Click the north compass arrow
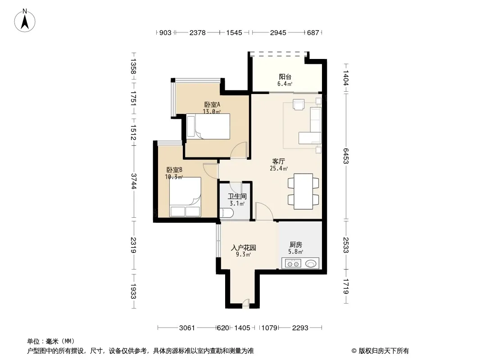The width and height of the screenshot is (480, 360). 25,22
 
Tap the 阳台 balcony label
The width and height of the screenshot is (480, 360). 285,76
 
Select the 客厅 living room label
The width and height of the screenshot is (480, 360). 279,161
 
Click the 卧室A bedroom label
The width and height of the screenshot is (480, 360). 212,104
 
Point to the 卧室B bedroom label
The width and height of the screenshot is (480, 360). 175,170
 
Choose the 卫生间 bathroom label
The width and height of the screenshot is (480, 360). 237,196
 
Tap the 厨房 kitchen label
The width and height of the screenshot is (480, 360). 296,245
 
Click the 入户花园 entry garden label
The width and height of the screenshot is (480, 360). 243,247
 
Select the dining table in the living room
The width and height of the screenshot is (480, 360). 303,191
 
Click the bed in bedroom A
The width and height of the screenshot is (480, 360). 208,126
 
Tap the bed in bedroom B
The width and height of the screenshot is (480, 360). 185,197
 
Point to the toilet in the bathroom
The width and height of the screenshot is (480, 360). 226,212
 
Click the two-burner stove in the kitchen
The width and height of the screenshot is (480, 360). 293,263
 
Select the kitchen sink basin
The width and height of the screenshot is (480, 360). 310,263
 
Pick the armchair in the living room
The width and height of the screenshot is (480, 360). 299,104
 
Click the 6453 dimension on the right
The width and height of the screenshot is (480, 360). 346,156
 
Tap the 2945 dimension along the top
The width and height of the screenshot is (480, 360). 278,32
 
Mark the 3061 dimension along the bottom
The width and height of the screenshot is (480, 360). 187,328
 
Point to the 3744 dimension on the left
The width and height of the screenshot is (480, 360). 133,181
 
